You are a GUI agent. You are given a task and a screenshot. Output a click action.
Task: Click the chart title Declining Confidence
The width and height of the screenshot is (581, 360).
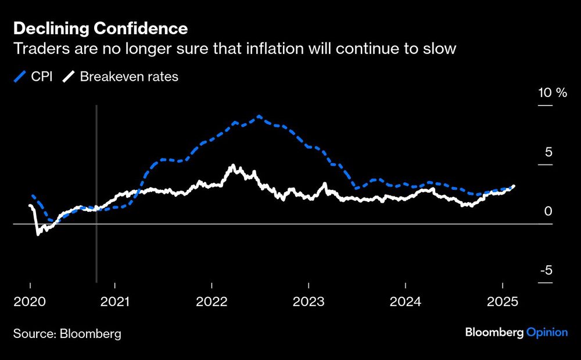pos(100,28)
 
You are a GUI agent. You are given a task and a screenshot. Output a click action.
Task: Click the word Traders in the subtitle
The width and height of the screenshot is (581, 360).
pos(37,49)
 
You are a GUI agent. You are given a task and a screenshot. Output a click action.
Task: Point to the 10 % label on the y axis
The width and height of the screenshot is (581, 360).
pos(552,93)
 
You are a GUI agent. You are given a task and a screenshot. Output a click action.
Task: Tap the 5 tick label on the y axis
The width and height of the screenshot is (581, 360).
pos(548,152)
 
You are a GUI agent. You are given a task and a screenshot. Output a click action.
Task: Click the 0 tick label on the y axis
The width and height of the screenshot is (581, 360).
pos(548,211)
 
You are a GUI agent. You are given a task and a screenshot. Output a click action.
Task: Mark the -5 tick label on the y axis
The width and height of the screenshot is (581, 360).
pos(546,271)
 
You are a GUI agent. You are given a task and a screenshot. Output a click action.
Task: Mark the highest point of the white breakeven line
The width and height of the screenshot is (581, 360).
pos(233,165)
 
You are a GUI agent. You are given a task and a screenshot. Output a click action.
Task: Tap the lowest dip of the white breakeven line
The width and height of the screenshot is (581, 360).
pos(38,234)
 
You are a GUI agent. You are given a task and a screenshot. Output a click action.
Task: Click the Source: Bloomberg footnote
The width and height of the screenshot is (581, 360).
pos(67,334)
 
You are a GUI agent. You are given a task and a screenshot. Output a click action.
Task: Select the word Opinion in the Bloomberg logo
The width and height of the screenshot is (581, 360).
pos(547,332)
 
